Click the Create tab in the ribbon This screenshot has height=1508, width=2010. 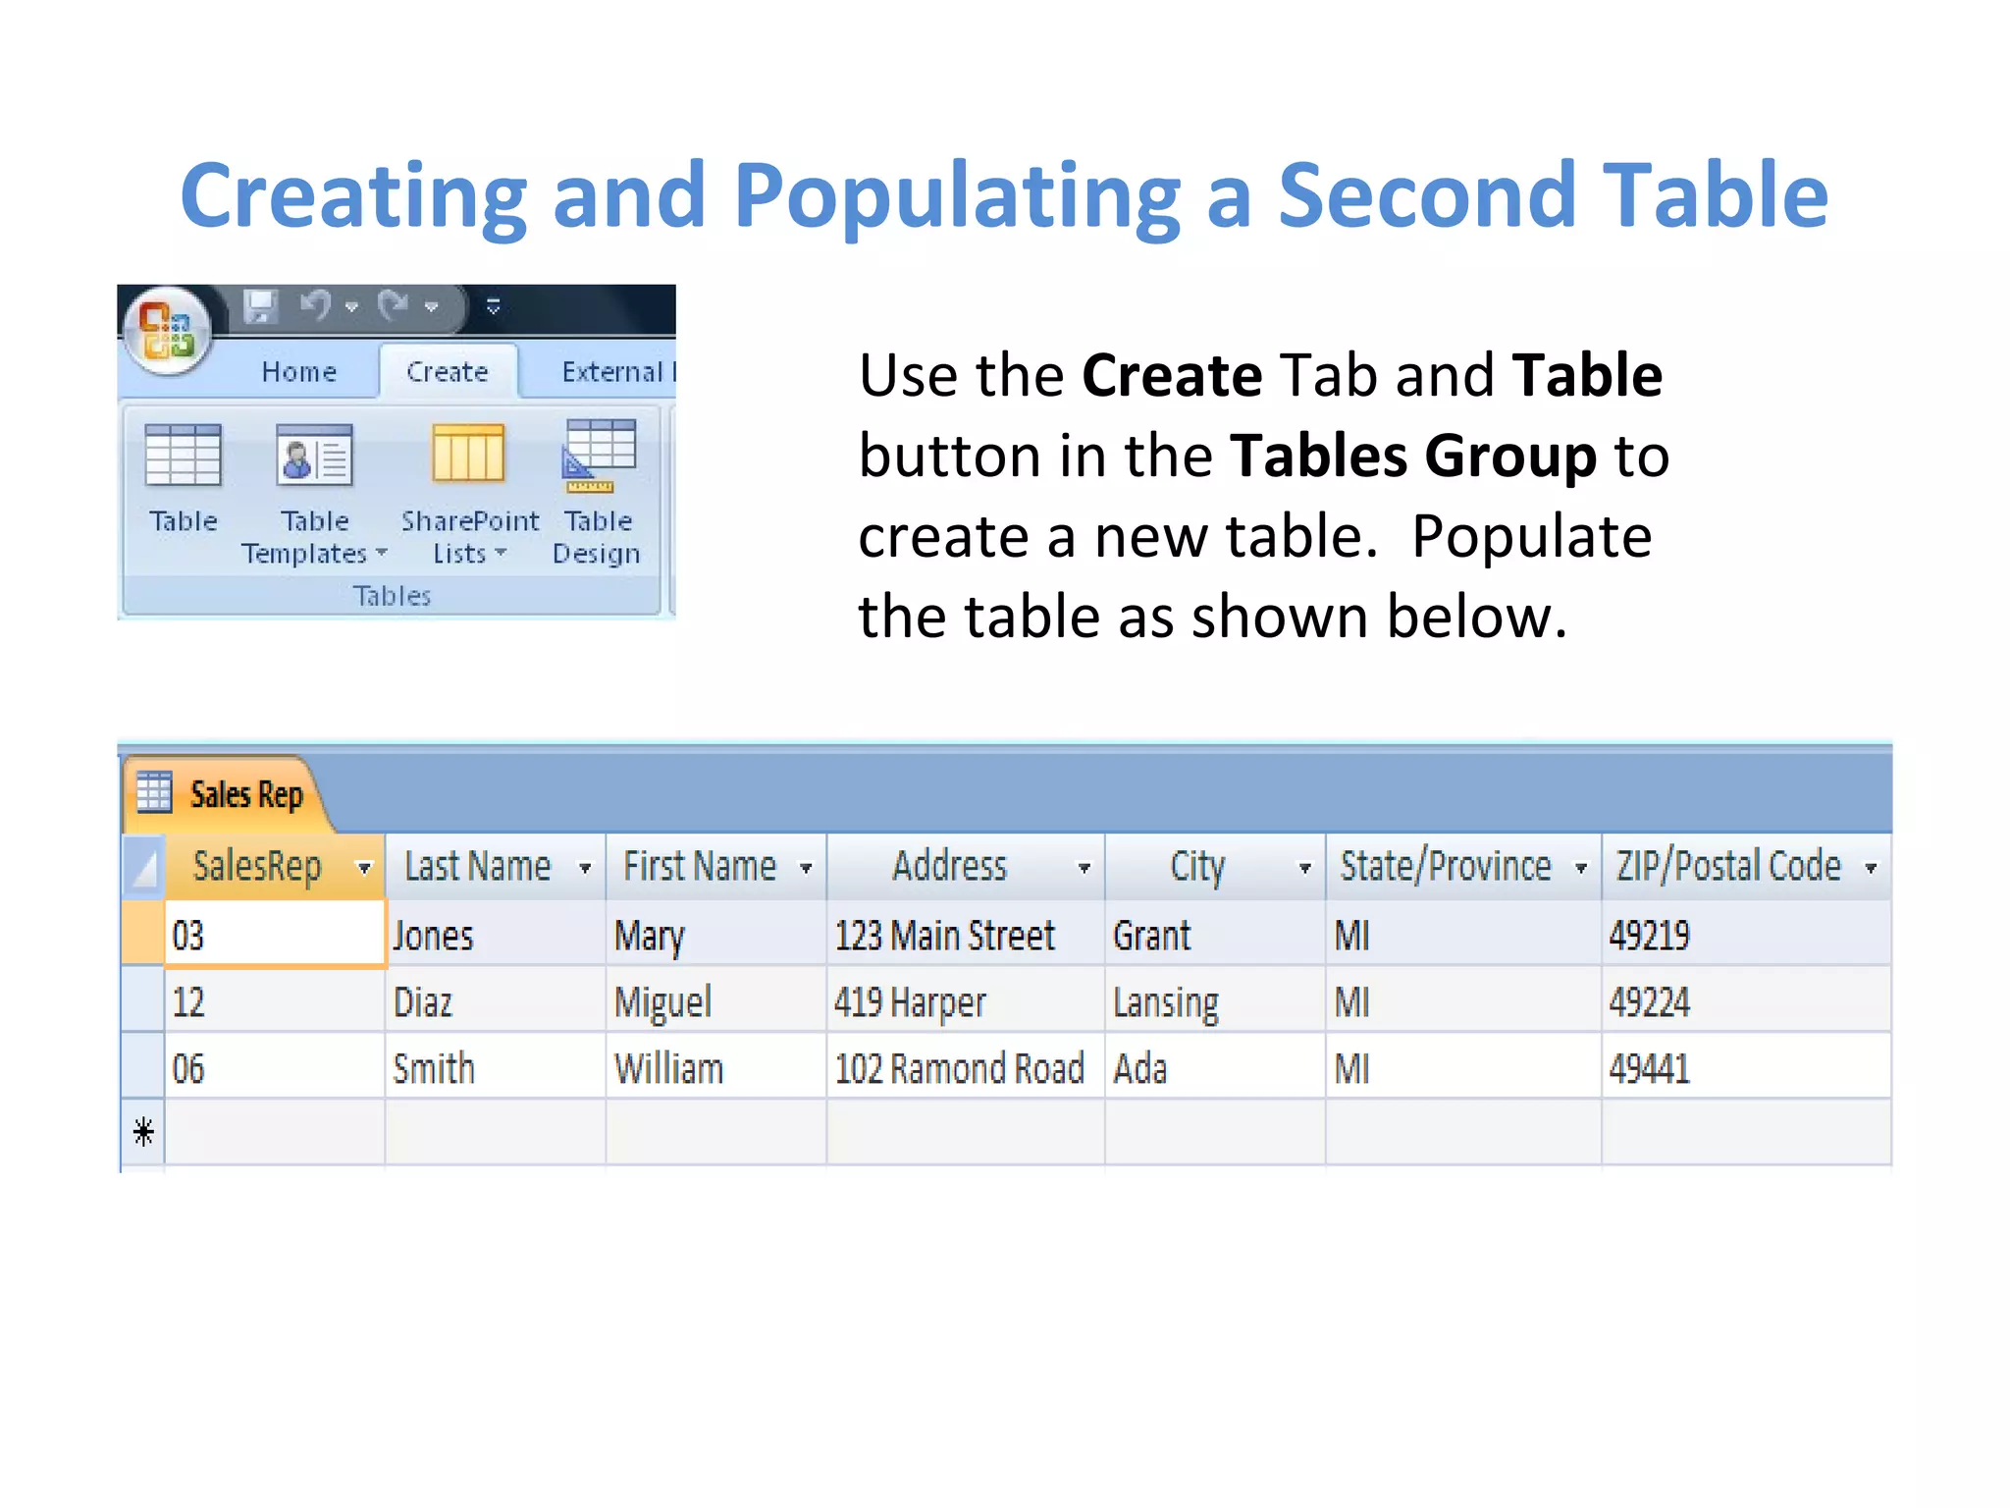click(x=448, y=372)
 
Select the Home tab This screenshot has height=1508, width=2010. click(x=299, y=372)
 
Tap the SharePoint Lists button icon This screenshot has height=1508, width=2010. click(x=468, y=455)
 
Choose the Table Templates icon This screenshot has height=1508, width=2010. click(x=314, y=455)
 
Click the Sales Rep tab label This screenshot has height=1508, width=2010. click(x=245, y=794)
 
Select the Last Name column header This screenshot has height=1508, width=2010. click(x=478, y=867)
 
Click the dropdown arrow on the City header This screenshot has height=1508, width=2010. click(x=1304, y=868)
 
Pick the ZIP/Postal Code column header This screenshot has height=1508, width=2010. click(x=1728, y=867)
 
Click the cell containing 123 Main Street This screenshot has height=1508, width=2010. click(x=944, y=936)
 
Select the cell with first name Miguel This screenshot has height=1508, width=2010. click(x=662, y=1002)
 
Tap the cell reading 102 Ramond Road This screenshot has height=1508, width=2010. click(x=959, y=1069)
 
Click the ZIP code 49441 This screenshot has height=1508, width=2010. click(x=1649, y=1069)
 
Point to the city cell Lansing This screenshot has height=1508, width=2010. click(x=1165, y=1002)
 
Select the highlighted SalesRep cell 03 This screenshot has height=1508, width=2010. click(x=274, y=936)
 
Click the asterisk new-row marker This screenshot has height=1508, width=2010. click(x=143, y=1133)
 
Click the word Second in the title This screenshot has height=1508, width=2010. click(x=1427, y=195)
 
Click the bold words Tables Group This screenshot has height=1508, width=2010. click(x=1412, y=457)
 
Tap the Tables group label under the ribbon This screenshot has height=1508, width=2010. click(x=393, y=596)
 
